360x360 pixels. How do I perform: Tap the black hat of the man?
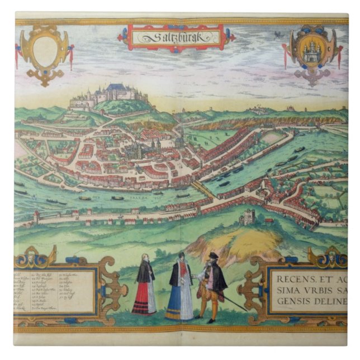[x=212, y=255]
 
